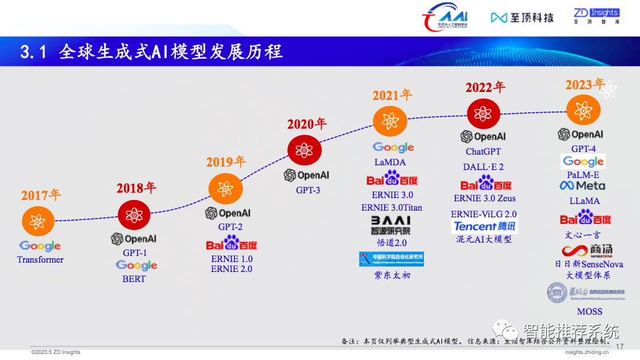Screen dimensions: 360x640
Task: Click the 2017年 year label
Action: pos(41,195)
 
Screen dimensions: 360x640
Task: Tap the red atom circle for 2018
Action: pos(135,215)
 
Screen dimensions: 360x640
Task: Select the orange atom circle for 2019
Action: pos(225,189)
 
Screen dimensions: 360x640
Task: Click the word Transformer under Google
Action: pos(41,259)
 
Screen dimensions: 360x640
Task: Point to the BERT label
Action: pos(133,279)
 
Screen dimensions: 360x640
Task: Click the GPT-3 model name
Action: pos(308,190)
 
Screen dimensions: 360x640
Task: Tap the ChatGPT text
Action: pos(483,152)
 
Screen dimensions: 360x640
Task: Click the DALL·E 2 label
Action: pos(483,167)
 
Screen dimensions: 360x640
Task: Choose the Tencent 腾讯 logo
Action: pos(485,227)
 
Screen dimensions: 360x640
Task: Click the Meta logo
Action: pos(583,185)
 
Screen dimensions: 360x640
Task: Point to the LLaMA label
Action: pos(584,201)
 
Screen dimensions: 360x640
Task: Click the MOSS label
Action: pos(589,311)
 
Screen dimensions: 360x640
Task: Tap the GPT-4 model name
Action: pos(583,149)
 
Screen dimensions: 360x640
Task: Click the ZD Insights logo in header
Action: pos(596,17)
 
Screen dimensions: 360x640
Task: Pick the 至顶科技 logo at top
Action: pos(522,17)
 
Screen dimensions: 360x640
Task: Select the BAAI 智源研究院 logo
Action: pos(391,225)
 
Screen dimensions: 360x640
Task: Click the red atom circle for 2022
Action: pos(483,113)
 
